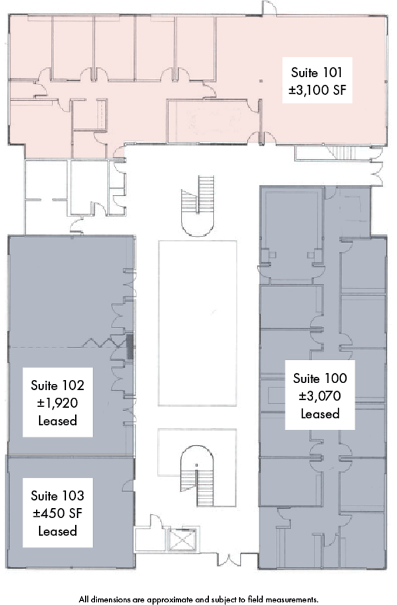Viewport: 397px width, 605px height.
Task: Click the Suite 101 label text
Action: click(317, 72)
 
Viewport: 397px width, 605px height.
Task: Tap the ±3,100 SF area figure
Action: click(317, 90)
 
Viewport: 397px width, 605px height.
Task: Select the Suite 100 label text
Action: click(320, 379)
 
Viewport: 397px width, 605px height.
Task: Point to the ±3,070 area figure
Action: click(320, 396)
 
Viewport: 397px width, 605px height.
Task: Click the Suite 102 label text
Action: click(58, 385)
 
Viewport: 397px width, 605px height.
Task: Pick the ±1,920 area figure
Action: click(58, 403)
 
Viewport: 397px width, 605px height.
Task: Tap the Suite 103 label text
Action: click(58, 496)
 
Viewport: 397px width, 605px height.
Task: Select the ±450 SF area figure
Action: click(58, 513)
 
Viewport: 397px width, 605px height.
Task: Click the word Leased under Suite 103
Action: click(58, 531)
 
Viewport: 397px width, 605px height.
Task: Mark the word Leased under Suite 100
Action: click(320, 414)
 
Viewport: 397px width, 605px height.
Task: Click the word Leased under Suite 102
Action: click(58, 421)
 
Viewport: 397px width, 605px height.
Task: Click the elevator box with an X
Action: click(181, 539)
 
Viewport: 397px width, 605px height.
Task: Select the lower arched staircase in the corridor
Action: click(198, 475)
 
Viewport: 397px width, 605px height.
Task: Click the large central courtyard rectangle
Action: click(198, 323)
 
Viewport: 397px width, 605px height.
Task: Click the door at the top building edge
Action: click(269, 9)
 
